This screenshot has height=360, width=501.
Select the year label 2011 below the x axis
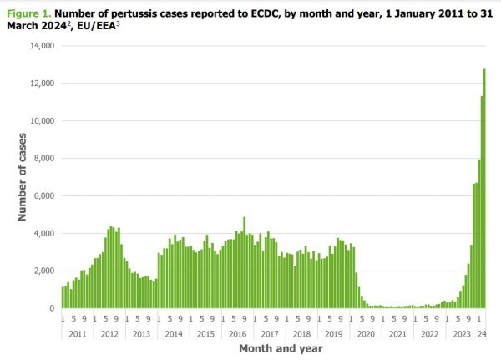[77, 334]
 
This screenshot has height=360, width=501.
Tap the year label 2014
[173, 334]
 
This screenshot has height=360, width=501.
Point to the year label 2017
[269, 334]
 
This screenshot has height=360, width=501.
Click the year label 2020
[365, 334]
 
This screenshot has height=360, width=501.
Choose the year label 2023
[461, 334]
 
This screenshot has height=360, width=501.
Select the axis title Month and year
[274, 347]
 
